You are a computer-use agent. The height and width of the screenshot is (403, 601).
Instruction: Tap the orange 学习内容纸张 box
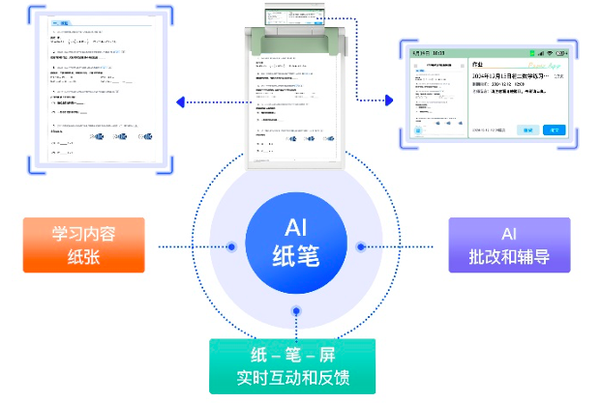click(x=84, y=245)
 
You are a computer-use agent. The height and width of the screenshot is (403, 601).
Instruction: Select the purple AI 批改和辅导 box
click(x=509, y=245)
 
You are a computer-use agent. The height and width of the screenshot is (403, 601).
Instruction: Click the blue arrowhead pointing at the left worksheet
click(x=180, y=101)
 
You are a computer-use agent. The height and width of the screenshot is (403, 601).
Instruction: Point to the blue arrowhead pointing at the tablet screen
click(x=389, y=100)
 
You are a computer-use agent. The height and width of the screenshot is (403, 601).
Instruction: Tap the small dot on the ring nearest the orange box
click(x=231, y=245)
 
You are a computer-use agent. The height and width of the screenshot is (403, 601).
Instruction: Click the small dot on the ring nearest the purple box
click(x=360, y=245)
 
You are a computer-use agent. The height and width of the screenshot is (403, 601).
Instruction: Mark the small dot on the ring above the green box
click(x=296, y=310)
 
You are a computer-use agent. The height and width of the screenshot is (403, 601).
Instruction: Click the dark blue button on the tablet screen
click(x=553, y=130)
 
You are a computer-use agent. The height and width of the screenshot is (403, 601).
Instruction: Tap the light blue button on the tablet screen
click(x=527, y=130)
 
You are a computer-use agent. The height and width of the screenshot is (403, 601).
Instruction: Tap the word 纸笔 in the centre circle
click(x=295, y=258)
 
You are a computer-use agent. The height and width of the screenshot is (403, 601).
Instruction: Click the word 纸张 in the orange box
click(x=84, y=256)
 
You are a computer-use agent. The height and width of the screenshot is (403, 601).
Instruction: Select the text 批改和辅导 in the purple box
click(x=509, y=256)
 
